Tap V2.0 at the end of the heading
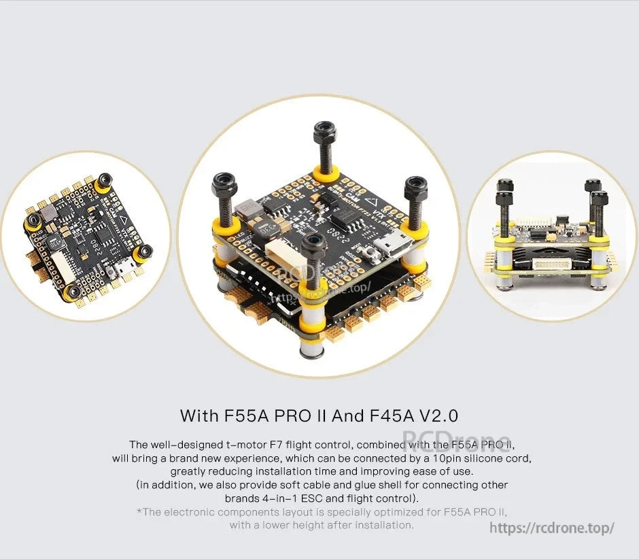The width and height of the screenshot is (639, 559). pos(440,415)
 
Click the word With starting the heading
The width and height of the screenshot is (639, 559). pos(199,415)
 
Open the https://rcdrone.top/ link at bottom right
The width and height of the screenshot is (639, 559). pos(552,528)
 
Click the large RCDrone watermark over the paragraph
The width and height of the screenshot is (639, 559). pos(456,441)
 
